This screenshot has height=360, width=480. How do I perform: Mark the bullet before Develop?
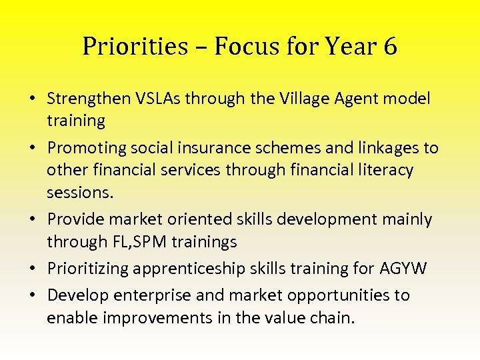tap(32, 295)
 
